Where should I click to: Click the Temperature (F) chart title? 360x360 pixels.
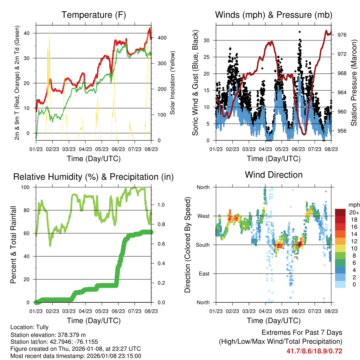click(x=94, y=15)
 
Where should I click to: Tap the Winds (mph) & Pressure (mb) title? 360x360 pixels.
click(x=274, y=15)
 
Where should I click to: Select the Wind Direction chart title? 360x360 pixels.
click(x=274, y=175)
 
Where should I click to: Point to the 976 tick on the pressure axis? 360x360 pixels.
click(x=342, y=35)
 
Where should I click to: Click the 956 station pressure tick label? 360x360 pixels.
click(x=342, y=131)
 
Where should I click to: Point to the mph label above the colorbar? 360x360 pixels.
click(x=353, y=204)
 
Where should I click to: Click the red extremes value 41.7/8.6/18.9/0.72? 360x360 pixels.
click(x=314, y=351)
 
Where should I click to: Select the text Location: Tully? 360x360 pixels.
click(x=30, y=327)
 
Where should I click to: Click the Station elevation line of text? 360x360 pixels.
click(x=48, y=335)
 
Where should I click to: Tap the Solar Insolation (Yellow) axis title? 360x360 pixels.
click(x=173, y=83)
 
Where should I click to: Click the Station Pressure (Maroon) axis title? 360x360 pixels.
click(x=354, y=83)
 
